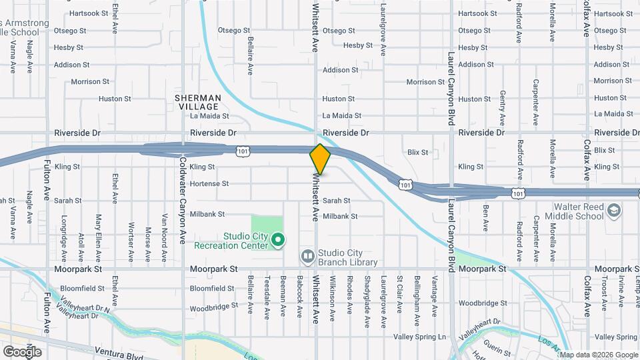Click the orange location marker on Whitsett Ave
click(x=320, y=159)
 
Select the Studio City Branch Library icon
click(x=307, y=256)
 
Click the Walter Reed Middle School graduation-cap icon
click(x=613, y=212)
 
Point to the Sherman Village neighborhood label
click(x=197, y=102)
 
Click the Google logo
click(x=22, y=351)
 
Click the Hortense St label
click(x=209, y=183)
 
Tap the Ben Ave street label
click(x=485, y=218)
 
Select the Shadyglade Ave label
click(x=367, y=302)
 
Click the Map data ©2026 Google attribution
click(x=598, y=355)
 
